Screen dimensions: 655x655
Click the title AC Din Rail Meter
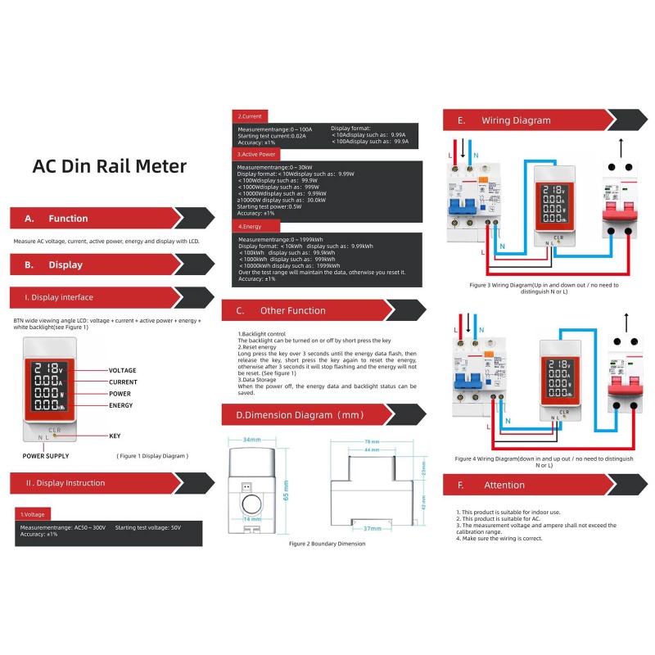click(x=109, y=167)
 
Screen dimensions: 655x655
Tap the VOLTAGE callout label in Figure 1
click(x=123, y=370)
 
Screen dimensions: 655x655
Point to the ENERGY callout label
click(x=121, y=405)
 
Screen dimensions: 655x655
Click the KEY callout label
click(x=115, y=436)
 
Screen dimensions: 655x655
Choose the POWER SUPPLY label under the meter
click(x=46, y=455)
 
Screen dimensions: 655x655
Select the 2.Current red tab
click(x=250, y=117)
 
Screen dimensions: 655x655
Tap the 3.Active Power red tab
click(x=257, y=154)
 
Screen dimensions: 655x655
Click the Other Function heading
click(x=292, y=311)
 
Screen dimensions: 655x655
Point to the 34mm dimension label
click(x=251, y=440)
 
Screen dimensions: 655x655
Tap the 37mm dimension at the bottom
click(x=371, y=528)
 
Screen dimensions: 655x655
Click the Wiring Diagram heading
click(x=516, y=120)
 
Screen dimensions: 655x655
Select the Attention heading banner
click(x=504, y=486)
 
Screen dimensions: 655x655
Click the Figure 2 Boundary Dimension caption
click(x=327, y=544)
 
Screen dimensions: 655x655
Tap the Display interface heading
click(x=59, y=297)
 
